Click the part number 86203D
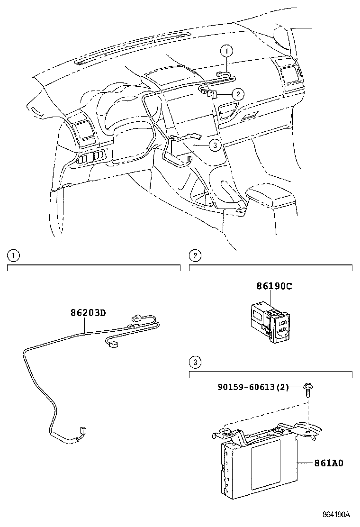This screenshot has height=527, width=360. click(x=88, y=313)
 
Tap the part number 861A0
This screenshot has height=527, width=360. click(x=328, y=463)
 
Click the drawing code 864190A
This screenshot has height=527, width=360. click(x=336, y=515)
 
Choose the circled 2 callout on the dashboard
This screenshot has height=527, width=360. click(x=238, y=94)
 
